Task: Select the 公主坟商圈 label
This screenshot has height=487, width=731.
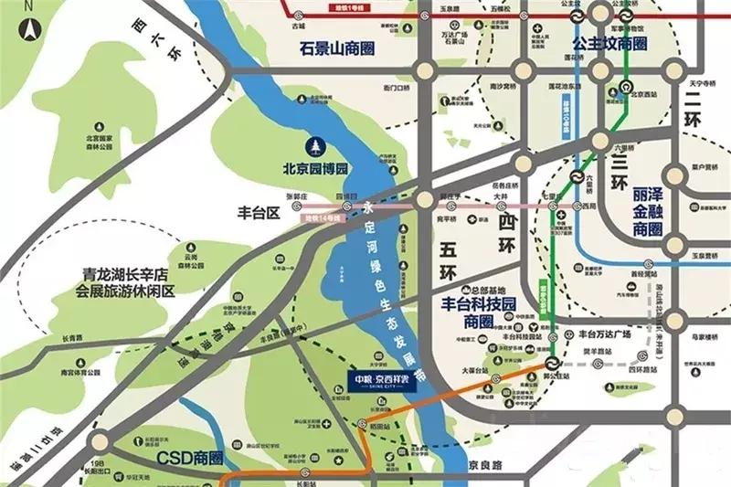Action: (609, 43)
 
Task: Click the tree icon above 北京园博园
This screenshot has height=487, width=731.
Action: (316, 145)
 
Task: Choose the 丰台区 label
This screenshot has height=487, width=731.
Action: (258, 213)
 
